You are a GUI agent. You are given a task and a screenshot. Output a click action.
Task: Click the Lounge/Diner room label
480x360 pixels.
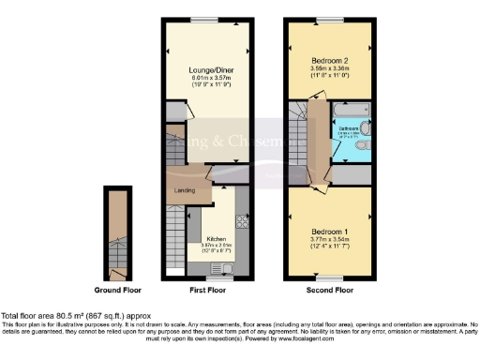click(207, 69)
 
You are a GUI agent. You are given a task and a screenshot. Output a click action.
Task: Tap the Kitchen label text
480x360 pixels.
click(217, 239)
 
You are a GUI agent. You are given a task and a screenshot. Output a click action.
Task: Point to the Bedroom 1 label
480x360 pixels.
click(327, 230)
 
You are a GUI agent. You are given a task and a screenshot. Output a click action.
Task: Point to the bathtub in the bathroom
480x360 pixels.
click(350, 113)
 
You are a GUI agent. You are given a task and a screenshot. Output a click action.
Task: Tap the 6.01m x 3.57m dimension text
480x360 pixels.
click(207, 78)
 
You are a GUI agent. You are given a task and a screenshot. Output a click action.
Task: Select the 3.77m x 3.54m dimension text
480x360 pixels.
click(327, 239)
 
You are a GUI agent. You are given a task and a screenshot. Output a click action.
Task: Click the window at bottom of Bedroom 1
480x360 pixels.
click(327, 278)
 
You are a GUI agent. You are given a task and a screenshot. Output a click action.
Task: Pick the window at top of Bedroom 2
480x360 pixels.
click(327, 21)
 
